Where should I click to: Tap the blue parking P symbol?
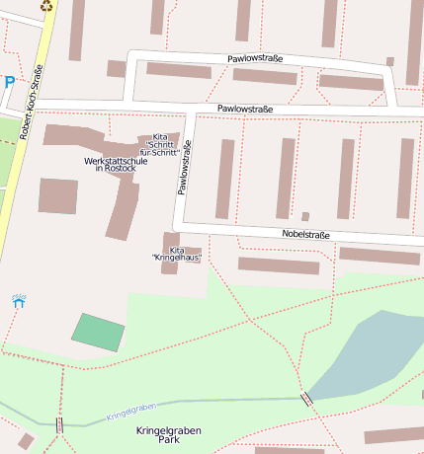tap(9, 83)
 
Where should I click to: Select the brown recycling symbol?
tap(46, 5)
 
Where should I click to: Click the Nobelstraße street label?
tap(305, 234)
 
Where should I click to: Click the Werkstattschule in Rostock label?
tap(116, 164)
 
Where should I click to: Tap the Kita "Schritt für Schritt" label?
tap(159, 145)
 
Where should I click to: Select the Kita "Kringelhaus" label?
tap(177, 254)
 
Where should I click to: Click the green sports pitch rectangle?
tap(99, 332)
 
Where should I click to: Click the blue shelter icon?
tap(18, 300)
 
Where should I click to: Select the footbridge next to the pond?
tap(306, 399)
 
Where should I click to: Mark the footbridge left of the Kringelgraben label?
tap(60, 425)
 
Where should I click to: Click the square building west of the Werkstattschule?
tap(58, 195)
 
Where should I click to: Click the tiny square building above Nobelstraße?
tap(305, 216)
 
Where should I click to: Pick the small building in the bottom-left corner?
tap(26, 441)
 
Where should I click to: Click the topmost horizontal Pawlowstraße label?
tap(255, 59)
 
